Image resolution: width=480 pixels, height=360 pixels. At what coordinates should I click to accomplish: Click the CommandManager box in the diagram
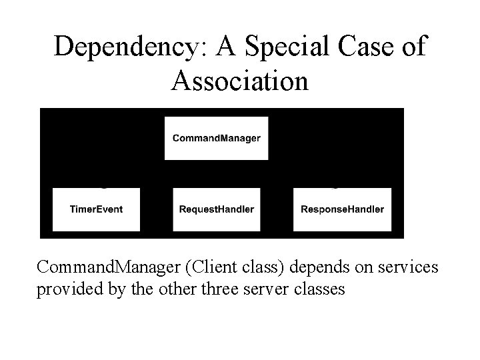pyautogui.click(x=216, y=139)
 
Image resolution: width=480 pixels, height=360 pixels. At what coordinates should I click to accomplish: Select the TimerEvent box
pyautogui.click(x=96, y=209)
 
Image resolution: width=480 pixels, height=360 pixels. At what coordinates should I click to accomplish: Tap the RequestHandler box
pyautogui.click(x=216, y=209)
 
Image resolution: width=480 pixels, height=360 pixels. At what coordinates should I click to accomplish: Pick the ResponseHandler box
pyautogui.click(x=342, y=209)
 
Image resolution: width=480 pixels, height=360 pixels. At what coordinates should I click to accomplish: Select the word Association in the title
pyautogui.click(x=240, y=81)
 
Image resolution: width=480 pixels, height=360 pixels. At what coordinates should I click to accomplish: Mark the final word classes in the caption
pyautogui.click(x=321, y=290)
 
